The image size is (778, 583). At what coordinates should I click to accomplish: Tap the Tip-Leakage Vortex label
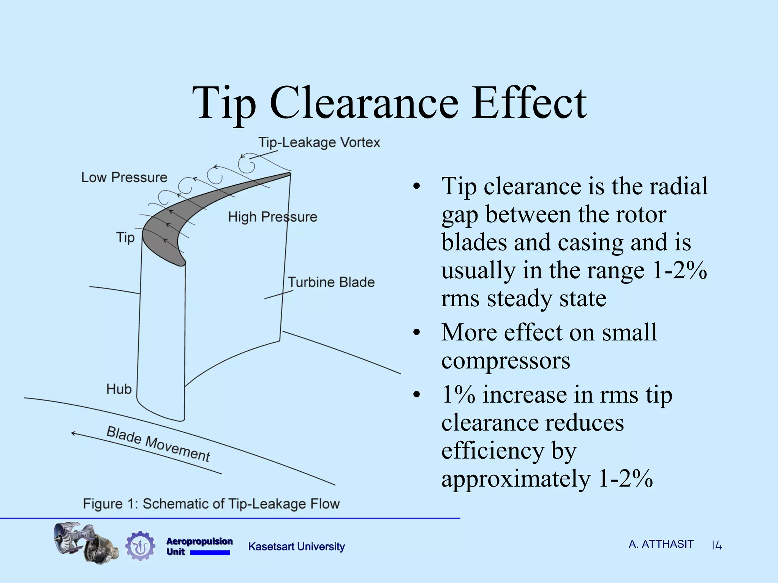(x=319, y=142)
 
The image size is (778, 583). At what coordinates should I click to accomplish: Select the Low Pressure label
(x=124, y=177)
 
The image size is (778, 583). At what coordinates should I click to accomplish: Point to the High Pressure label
(x=272, y=217)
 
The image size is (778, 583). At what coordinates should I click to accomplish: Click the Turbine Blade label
(x=331, y=282)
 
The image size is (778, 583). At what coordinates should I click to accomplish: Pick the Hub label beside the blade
(x=119, y=389)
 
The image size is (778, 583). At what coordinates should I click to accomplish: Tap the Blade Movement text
(x=158, y=444)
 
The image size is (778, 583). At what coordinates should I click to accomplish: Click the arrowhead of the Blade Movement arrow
(x=73, y=433)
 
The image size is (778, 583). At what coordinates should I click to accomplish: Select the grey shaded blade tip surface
(x=171, y=224)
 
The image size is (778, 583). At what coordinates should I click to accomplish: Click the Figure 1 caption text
(x=211, y=504)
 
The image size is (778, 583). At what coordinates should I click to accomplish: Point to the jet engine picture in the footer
(x=85, y=543)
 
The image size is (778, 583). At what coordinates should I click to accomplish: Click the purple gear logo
(x=140, y=546)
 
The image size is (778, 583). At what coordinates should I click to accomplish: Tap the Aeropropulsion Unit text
(x=199, y=546)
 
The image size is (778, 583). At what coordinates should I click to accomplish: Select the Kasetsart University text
(x=296, y=547)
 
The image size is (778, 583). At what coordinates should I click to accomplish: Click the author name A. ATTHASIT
(x=661, y=544)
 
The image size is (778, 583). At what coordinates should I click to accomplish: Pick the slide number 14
(x=716, y=546)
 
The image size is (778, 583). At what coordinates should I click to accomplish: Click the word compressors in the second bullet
(x=506, y=361)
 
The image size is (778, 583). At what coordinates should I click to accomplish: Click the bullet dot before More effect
(x=417, y=333)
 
